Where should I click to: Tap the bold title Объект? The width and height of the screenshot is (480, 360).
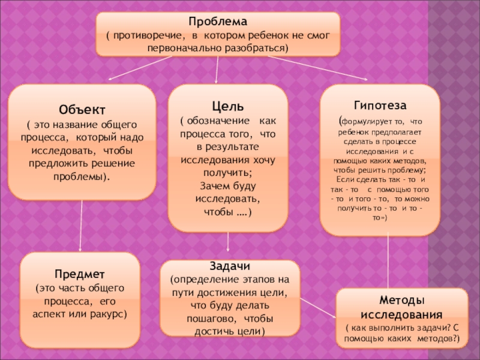click(x=82, y=110)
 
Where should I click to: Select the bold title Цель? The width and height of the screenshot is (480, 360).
click(x=227, y=107)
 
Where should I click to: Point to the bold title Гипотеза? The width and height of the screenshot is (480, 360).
click(x=379, y=105)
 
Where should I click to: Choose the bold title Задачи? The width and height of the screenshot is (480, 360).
click(x=229, y=266)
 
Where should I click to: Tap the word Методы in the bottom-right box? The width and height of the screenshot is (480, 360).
click(x=402, y=299)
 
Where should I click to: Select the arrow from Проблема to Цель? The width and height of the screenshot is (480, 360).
click(x=217, y=70)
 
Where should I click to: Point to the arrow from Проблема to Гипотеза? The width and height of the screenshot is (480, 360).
click(x=318, y=68)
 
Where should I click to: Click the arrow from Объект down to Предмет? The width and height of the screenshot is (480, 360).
click(x=82, y=226)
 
